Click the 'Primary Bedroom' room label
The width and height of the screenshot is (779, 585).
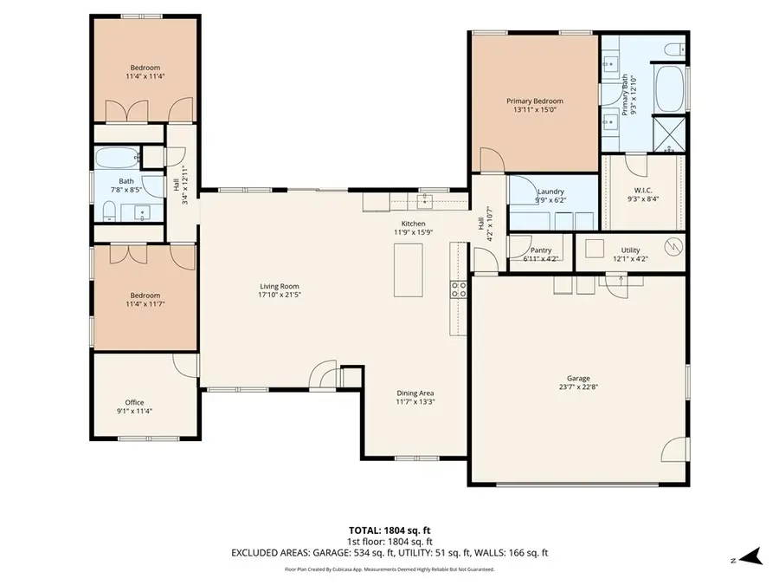534,101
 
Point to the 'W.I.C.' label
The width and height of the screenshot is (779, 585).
642,192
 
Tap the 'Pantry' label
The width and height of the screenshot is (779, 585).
540,250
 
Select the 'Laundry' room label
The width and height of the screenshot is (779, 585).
550,192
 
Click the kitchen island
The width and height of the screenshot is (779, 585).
408,270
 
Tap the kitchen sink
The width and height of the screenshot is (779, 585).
424,202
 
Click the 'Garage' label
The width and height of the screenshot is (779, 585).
578,379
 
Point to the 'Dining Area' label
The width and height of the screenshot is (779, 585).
415,393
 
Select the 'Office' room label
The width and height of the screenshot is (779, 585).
134,402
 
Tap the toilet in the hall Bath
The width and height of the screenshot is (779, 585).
109,211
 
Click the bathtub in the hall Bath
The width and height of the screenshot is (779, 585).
117,159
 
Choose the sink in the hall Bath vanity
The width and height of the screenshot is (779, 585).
140,211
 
